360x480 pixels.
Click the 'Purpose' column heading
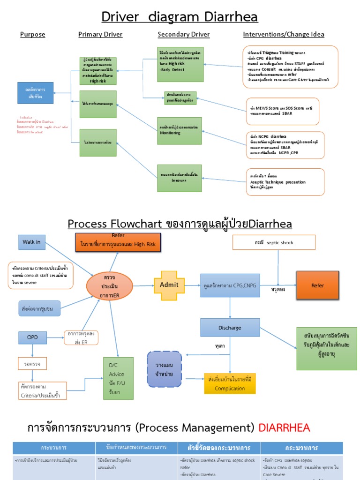pyautogui.click(x=32, y=34)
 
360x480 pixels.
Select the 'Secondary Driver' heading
pyautogui.click(x=183, y=34)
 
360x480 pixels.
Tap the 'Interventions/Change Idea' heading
pyautogui.click(x=283, y=34)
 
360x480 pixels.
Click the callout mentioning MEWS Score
pyautogui.click(x=282, y=111)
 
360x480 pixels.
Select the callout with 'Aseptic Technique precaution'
pyautogui.click(x=285, y=182)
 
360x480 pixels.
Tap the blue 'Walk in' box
pyautogui.click(x=32, y=242)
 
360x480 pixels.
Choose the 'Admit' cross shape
pyautogui.click(x=170, y=285)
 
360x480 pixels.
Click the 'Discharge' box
pyautogui.click(x=230, y=327)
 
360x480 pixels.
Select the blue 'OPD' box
pyautogui.click(x=32, y=337)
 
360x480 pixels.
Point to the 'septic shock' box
pyautogui.click(x=274, y=242)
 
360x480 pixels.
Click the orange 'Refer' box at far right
pyautogui.click(x=317, y=285)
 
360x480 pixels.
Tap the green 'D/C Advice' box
pyautogui.click(x=118, y=378)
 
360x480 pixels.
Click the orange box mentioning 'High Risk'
pyautogui.click(x=118, y=243)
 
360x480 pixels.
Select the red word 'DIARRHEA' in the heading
pyautogui.click(x=285, y=427)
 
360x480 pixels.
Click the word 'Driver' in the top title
pyautogui.click(x=120, y=17)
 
